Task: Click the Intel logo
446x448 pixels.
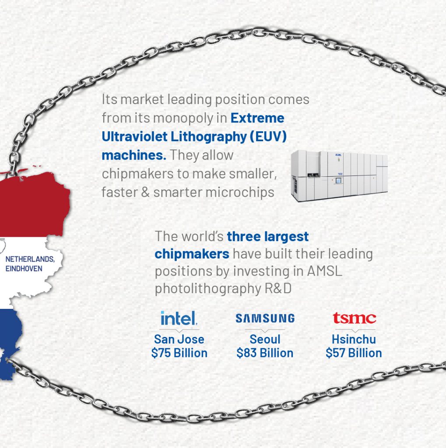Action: (179, 318)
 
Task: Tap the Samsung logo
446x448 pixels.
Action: (265, 318)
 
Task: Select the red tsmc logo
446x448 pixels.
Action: (354, 318)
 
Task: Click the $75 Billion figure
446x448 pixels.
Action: (179, 353)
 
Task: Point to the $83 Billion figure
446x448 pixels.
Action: (265, 353)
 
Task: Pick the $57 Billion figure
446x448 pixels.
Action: (354, 353)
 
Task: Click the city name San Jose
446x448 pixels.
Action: (179, 339)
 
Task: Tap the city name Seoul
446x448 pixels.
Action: (265, 339)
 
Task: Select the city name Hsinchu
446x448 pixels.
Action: (354, 339)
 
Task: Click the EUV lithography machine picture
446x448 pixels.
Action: (339, 176)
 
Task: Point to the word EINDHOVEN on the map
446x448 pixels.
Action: (24, 269)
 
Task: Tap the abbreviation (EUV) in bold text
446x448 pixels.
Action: (268, 136)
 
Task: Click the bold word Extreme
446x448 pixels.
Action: (257, 118)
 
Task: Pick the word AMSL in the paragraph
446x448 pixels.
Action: (324, 271)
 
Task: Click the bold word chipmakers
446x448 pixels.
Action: (192, 254)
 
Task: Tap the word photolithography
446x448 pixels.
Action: (208, 289)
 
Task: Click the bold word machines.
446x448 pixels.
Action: (134, 155)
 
